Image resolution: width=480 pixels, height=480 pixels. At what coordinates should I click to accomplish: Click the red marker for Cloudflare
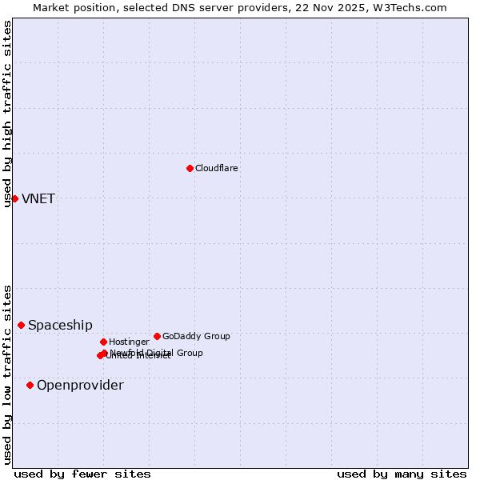tap(190, 168)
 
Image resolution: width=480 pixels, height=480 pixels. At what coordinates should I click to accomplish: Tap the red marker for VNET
tap(14, 198)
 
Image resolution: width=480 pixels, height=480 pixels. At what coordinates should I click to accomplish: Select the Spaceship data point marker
tap(22, 325)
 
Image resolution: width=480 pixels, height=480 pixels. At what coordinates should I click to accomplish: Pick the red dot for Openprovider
tap(30, 385)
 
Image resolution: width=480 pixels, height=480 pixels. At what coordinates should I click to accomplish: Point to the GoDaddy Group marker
tap(157, 336)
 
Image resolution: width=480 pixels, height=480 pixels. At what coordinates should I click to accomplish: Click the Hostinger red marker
tap(103, 342)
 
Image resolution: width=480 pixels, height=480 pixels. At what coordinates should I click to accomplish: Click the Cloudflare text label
tap(216, 168)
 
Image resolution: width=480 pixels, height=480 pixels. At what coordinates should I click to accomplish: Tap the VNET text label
tap(38, 198)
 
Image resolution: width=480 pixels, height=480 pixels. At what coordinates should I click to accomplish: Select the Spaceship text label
tap(60, 325)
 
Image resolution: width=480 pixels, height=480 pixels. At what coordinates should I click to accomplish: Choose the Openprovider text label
tap(80, 385)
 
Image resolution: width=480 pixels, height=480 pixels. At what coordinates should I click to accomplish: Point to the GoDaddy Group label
tap(196, 336)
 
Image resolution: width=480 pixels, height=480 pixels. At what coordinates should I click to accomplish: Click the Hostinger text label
tap(129, 342)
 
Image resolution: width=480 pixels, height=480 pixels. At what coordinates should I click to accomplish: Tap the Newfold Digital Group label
tap(157, 352)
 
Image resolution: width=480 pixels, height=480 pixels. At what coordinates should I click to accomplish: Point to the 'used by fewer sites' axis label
tap(82, 474)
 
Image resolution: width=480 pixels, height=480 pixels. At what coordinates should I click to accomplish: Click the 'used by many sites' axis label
tap(402, 474)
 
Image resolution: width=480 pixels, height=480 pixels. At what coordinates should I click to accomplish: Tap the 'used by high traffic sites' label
tap(7, 114)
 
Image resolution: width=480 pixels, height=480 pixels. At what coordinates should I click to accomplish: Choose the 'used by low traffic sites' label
tap(7, 374)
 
